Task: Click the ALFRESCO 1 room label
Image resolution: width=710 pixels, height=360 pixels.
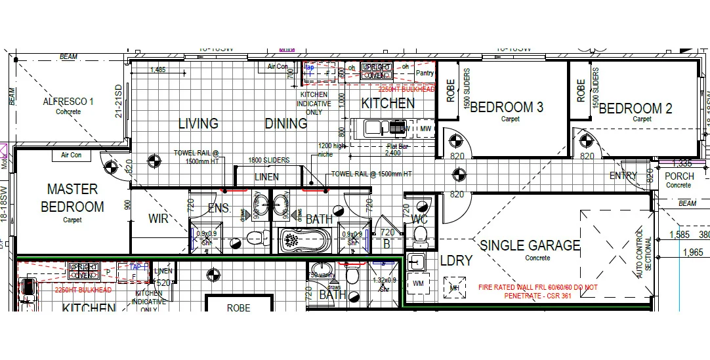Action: [68, 102]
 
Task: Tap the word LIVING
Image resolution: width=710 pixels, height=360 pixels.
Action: [198, 123]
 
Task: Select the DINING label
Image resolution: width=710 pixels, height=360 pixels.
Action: [285, 123]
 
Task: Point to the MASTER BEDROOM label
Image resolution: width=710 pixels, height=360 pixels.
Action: [72, 198]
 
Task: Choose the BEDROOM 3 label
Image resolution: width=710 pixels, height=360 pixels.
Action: [506, 107]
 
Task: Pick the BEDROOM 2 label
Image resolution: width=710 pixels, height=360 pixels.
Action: [635, 109]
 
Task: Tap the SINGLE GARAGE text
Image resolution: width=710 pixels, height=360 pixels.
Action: [530, 245]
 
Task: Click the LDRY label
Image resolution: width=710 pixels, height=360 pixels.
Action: [456, 260]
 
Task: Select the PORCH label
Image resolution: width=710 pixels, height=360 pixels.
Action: [679, 176]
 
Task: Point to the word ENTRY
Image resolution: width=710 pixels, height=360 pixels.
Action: [623, 176]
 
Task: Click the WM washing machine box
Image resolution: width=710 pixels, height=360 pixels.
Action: [418, 284]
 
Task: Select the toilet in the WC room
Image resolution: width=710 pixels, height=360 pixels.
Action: [421, 234]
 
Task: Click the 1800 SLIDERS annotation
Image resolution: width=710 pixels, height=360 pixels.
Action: [269, 160]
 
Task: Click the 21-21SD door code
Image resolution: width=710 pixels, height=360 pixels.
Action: [119, 102]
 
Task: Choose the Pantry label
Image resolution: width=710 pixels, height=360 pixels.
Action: [425, 73]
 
